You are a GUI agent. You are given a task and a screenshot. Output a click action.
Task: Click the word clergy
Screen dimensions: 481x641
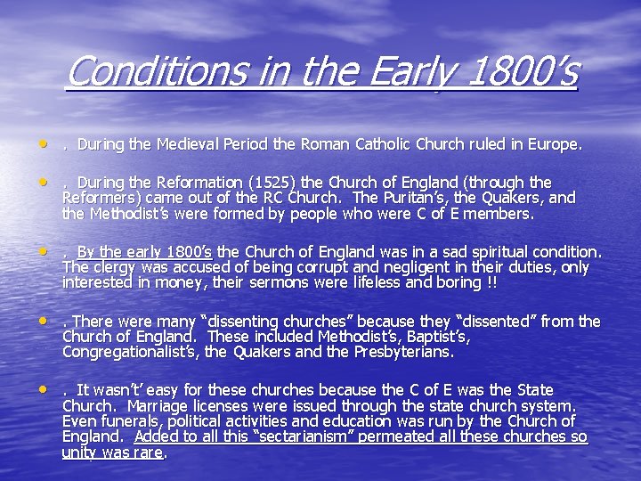pos(114,267)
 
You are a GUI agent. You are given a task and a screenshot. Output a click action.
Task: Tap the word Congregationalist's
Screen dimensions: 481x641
pos(130,352)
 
